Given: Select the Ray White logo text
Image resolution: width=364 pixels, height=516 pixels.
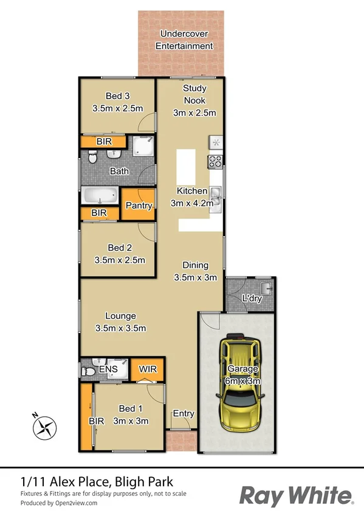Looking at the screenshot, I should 296,495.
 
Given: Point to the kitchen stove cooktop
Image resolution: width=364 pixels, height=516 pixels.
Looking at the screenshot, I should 216,162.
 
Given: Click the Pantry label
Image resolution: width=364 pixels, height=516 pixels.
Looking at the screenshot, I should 138,206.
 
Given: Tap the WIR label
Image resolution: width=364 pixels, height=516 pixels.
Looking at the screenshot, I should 148,368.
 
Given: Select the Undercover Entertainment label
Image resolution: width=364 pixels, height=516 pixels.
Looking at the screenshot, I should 184,40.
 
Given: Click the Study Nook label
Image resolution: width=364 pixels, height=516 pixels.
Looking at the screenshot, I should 194,94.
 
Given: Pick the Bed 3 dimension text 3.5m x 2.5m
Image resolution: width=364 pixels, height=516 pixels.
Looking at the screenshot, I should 117,108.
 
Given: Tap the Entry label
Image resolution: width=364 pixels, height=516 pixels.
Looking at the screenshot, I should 184,414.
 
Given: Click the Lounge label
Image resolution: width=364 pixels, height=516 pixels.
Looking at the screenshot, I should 120,316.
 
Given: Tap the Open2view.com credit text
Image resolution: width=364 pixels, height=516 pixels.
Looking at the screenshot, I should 76,503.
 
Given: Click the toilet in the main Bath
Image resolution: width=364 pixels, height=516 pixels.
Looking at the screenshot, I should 91,159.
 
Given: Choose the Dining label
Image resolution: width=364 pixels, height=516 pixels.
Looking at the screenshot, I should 196,265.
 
